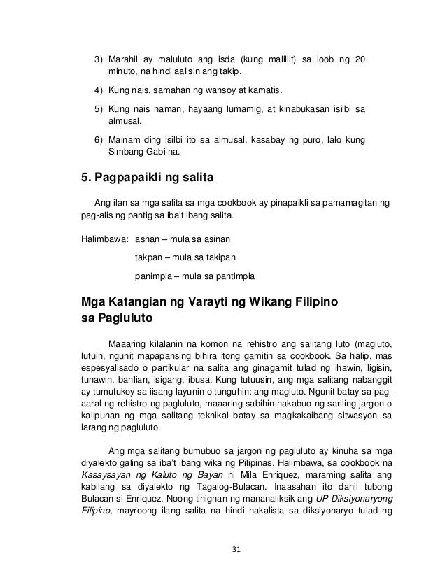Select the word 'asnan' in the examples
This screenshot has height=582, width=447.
[x=148, y=241]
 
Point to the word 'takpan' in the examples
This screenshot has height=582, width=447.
[x=149, y=257]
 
